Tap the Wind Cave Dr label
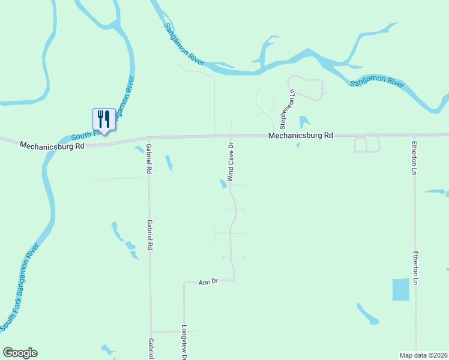(x=230, y=162)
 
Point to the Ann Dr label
(x=207, y=281)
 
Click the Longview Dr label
(x=184, y=343)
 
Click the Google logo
(x=20, y=353)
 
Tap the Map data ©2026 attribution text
(x=423, y=355)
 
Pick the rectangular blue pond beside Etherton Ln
(x=400, y=289)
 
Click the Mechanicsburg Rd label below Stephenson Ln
(x=300, y=136)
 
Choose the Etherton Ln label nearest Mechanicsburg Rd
(x=414, y=157)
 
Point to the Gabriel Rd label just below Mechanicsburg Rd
(x=148, y=158)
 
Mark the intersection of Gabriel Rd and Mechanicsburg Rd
(x=148, y=140)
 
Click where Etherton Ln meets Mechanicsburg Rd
(x=414, y=135)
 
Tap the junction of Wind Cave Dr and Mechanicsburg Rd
(x=231, y=136)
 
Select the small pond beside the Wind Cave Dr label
(x=223, y=184)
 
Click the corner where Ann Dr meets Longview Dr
(x=184, y=282)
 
